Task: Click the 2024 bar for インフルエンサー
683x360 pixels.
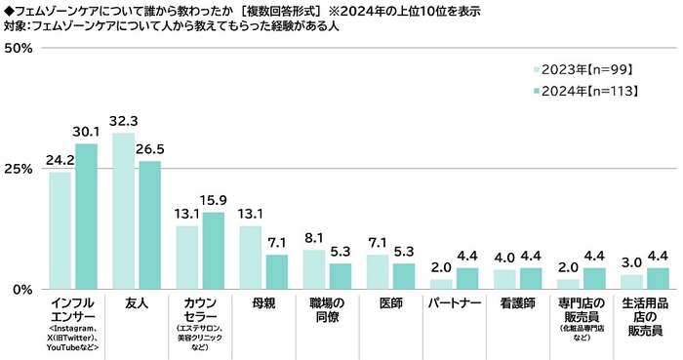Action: pyautogui.click(x=86, y=217)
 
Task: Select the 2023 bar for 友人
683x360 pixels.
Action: pyautogui.click(x=124, y=212)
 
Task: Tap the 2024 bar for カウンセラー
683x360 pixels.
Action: pyautogui.click(x=212, y=251)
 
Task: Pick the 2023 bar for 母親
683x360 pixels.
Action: pyautogui.click(x=250, y=258)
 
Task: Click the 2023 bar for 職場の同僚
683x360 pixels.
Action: pyautogui.click(x=313, y=270)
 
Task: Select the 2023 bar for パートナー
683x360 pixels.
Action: pyautogui.click(x=440, y=284)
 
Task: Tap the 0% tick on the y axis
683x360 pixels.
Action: pyautogui.click(x=22, y=290)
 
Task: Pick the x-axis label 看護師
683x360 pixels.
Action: pyautogui.click(x=517, y=303)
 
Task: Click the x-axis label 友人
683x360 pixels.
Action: pyautogui.click(x=137, y=303)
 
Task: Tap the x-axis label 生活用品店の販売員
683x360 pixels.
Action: pyautogui.click(x=643, y=316)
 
